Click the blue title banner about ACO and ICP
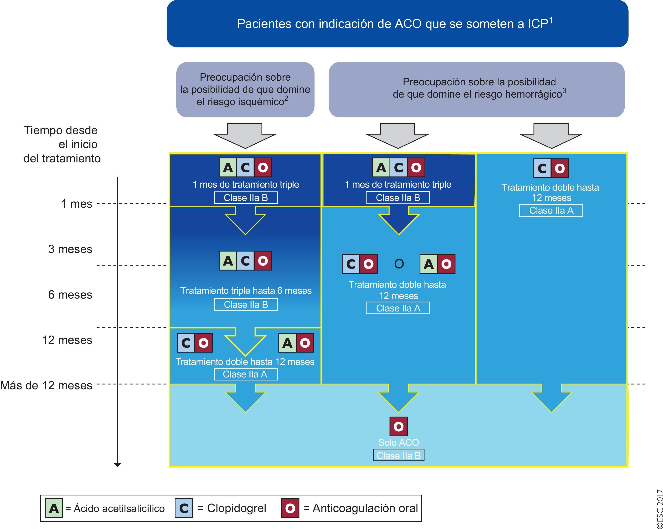tap(397, 24)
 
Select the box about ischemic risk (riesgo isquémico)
tap(245, 89)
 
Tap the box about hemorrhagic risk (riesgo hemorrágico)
tap(476, 89)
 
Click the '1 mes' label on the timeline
tap(77, 204)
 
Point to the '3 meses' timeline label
tap(70, 249)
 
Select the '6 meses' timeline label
tap(70, 294)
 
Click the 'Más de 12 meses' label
tap(46, 385)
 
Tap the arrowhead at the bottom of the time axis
tap(117, 465)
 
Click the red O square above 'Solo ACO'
tap(398, 426)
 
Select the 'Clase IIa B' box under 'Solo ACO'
tap(398, 455)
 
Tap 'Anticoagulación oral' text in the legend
tap(365, 508)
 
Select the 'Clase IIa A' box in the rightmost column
tap(551, 211)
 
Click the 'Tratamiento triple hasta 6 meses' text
tap(246, 290)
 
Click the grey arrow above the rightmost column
tap(551, 135)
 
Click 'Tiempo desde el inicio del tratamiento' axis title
tap(62, 144)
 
